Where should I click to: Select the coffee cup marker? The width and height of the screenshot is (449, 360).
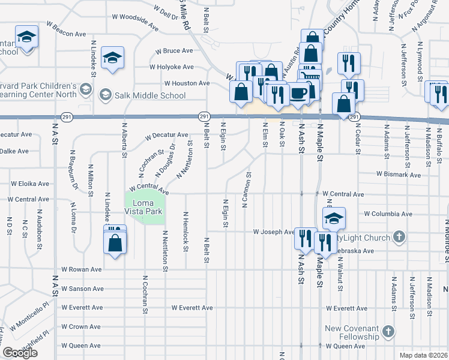[x=299, y=93]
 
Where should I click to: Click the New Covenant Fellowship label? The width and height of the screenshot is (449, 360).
[x=352, y=332]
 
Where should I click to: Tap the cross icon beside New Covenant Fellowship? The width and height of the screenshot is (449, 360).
[x=388, y=332]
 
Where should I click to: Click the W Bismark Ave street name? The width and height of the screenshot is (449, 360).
[x=398, y=174]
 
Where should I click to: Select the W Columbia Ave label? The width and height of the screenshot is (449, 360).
[x=388, y=214]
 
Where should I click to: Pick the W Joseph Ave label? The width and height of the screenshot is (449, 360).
[x=273, y=232]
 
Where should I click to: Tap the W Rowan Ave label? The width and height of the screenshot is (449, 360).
[x=80, y=269]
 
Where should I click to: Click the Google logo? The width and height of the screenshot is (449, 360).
[x=20, y=353]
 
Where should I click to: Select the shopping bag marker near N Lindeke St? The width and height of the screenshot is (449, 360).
[x=115, y=242]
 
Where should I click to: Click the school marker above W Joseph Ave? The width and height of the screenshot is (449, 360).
[x=334, y=219]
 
